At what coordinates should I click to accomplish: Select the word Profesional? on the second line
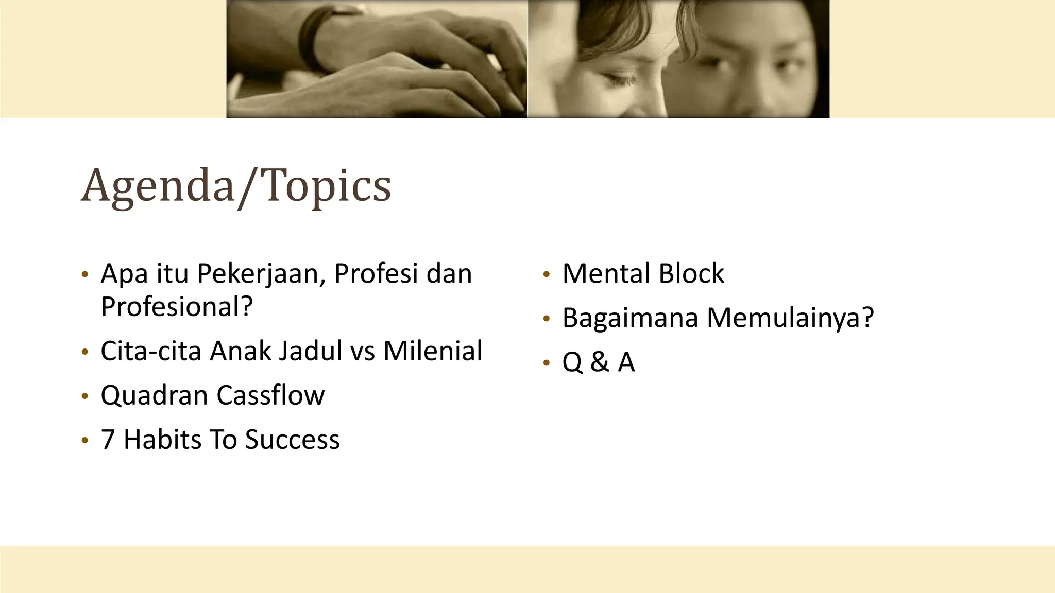pyautogui.click(x=177, y=307)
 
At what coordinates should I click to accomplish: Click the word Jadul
pyautogui.click(x=310, y=352)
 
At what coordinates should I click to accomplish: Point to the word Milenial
pyautogui.click(x=433, y=352)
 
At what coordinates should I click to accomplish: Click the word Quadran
pyautogui.click(x=155, y=396)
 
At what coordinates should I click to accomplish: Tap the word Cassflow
pyautogui.click(x=270, y=396)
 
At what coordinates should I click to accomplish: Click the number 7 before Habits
pyautogui.click(x=107, y=440)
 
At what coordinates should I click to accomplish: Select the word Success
pyautogui.click(x=292, y=440)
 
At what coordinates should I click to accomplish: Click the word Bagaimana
pyautogui.click(x=630, y=318)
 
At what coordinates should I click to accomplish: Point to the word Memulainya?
pyautogui.click(x=790, y=318)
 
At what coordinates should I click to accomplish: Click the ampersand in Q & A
pyautogui.click(x=600, y=362)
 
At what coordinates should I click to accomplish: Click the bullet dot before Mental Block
pyautogui.click(x=547, y=275)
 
